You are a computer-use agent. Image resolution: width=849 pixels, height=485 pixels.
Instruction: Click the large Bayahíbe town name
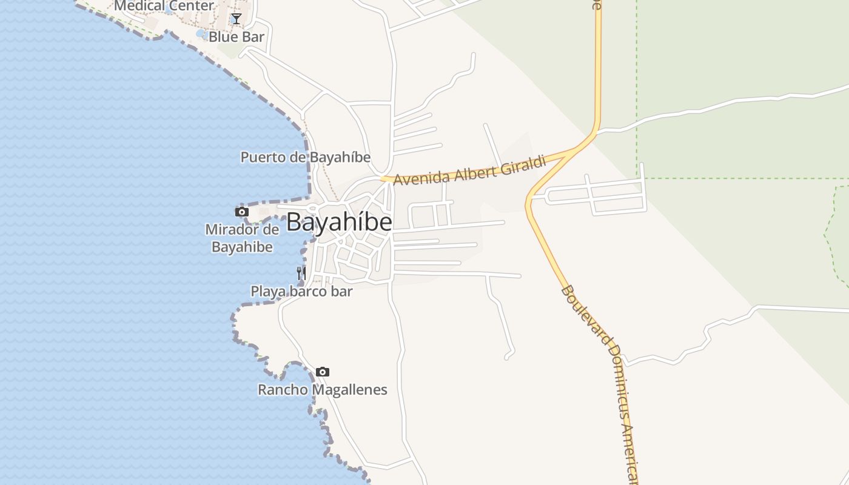point(339,222)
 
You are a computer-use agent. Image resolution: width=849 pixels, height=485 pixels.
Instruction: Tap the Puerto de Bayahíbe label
point(305,157)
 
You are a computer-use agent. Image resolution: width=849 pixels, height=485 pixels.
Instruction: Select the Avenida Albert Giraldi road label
point(470,170)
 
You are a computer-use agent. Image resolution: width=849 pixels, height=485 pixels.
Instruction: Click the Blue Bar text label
point(237,37)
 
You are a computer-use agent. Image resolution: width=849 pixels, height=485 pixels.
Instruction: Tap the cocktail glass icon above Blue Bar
point(237,19)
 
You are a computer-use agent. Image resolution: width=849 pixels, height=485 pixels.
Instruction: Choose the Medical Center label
point(164,6)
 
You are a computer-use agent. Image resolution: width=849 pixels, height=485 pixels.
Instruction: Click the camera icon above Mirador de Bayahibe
point(242,212)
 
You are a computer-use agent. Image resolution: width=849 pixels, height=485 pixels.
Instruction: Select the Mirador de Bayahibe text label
point(242,238)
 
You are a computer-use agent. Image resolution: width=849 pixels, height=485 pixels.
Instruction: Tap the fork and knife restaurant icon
point(301,273)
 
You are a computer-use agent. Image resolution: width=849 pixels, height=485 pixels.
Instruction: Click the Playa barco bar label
point(301,292)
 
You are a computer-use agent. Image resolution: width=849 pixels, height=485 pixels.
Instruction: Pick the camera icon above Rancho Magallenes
point(323,372)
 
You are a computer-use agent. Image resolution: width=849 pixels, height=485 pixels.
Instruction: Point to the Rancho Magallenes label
point(323,389)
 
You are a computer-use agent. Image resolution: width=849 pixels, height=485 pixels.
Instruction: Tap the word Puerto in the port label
point(262,157)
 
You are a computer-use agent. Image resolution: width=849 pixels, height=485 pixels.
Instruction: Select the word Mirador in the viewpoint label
point(242,230)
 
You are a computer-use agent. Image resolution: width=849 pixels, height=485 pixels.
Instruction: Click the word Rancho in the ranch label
point(283,389)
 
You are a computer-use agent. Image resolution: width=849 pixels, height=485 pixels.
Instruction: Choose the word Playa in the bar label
point(268,292)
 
